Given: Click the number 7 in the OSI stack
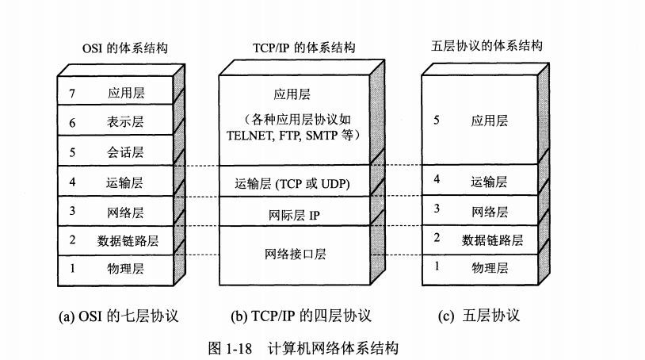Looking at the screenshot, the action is coord(72,94).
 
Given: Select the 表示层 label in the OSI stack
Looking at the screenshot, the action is coord(125,122).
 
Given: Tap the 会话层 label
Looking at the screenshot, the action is coord(125,151).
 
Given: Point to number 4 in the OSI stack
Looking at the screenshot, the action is coord(72,182).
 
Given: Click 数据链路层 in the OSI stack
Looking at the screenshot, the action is coord(128,241).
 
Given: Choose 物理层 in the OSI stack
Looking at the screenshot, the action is coord(125,269).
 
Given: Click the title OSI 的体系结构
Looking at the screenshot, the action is coord(125,48).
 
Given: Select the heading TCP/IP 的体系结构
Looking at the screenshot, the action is coord(304,48).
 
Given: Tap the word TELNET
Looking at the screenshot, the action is coord(250,136).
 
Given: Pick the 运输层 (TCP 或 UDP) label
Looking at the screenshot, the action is coord(292,183).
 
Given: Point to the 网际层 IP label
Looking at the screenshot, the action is coord(294,215).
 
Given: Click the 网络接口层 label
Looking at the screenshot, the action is coord(295,254).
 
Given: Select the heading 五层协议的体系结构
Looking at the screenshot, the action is coord(487,46).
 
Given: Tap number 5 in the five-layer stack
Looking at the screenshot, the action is coord(437,121).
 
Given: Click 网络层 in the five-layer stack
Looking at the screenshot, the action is coord(490,212).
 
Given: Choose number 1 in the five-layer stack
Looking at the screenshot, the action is coord(437,266).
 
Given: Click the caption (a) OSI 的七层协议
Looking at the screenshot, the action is coord(119,316).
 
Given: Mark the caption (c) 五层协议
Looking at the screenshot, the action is coord(479,316).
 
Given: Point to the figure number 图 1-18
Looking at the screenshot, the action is coord(230,348).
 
